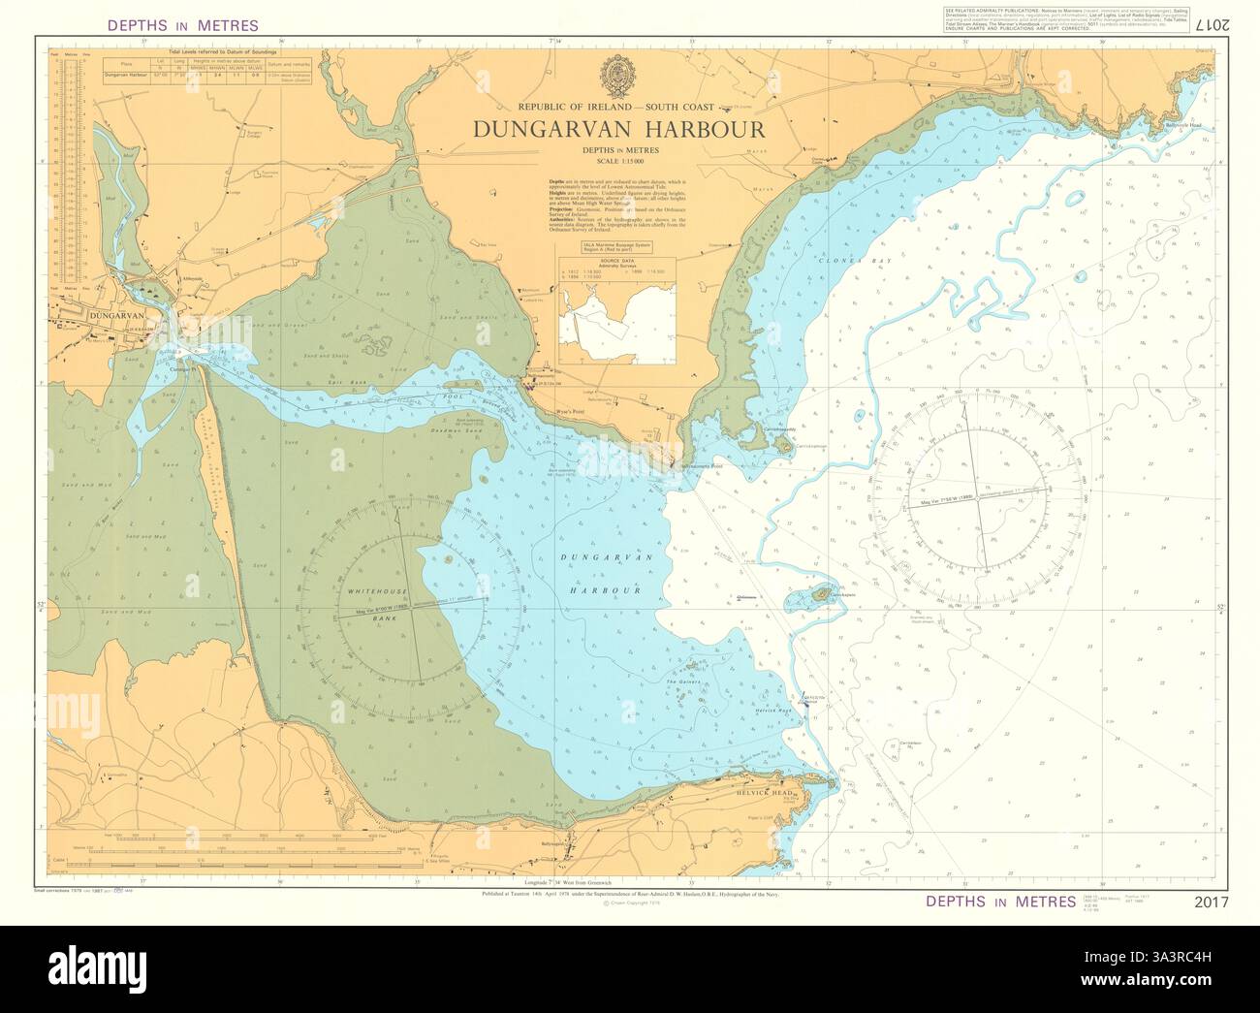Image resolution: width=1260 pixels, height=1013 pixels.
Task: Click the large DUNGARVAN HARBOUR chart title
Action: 618,129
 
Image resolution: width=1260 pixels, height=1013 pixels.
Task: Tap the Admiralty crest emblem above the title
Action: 618,74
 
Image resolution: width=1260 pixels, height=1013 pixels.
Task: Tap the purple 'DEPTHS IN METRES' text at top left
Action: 183,25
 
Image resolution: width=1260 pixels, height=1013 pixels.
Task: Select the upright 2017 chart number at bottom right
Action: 1211,902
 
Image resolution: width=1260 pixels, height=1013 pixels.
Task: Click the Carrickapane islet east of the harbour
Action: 823,593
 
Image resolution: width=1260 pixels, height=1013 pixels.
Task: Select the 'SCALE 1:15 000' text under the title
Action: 619,160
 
